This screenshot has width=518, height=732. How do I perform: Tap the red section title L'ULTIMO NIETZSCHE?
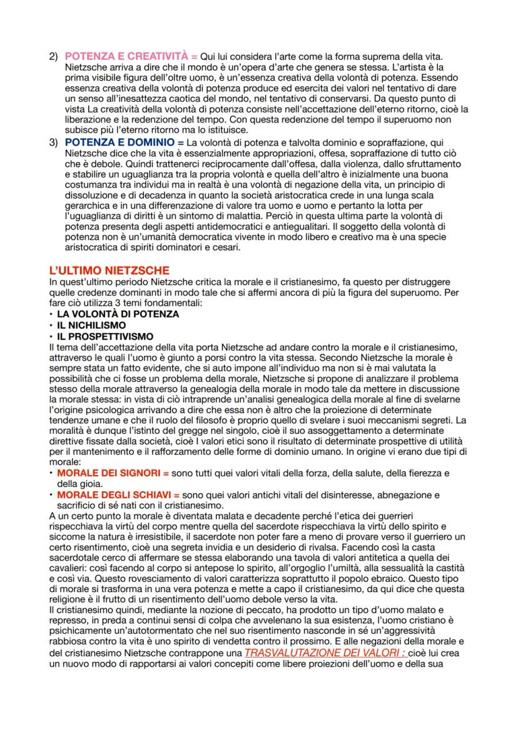click(x=109, y=270)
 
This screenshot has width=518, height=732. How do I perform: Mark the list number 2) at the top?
click(x=54, y=57)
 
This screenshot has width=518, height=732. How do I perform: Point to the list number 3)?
click(x=54, y=142)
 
